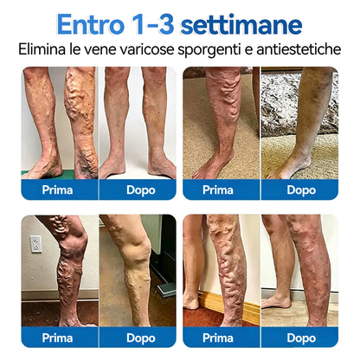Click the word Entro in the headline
91,24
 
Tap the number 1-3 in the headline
152,24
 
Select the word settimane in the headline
241,25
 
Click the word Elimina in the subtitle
42,49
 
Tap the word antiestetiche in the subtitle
299,49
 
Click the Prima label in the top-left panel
57,190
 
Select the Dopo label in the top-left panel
141,190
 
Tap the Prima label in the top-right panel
218,190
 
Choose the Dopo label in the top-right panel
301,190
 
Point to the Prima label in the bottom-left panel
57,337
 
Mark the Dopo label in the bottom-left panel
141,338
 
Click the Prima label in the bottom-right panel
218,337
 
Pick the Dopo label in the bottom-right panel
301,338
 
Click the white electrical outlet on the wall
36,244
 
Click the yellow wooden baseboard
231,306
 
